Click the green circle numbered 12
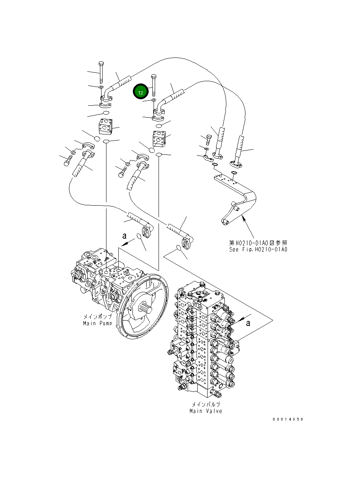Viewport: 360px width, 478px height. coord(140,92)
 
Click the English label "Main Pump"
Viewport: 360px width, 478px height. coord(98,323)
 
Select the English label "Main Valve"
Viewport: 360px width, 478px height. coord(206,411)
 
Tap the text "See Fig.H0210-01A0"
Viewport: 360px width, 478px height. coord(258,249)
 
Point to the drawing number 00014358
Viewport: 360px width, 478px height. coord(288,419)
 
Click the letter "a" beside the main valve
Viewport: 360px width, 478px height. coord(248,323)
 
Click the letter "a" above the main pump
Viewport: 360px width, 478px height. coord(124,236)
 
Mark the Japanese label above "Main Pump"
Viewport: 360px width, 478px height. coord(98,317)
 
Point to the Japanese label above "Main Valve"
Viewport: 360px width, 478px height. coord(206,404)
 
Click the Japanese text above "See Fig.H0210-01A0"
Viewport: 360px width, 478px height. coord(258,243)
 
